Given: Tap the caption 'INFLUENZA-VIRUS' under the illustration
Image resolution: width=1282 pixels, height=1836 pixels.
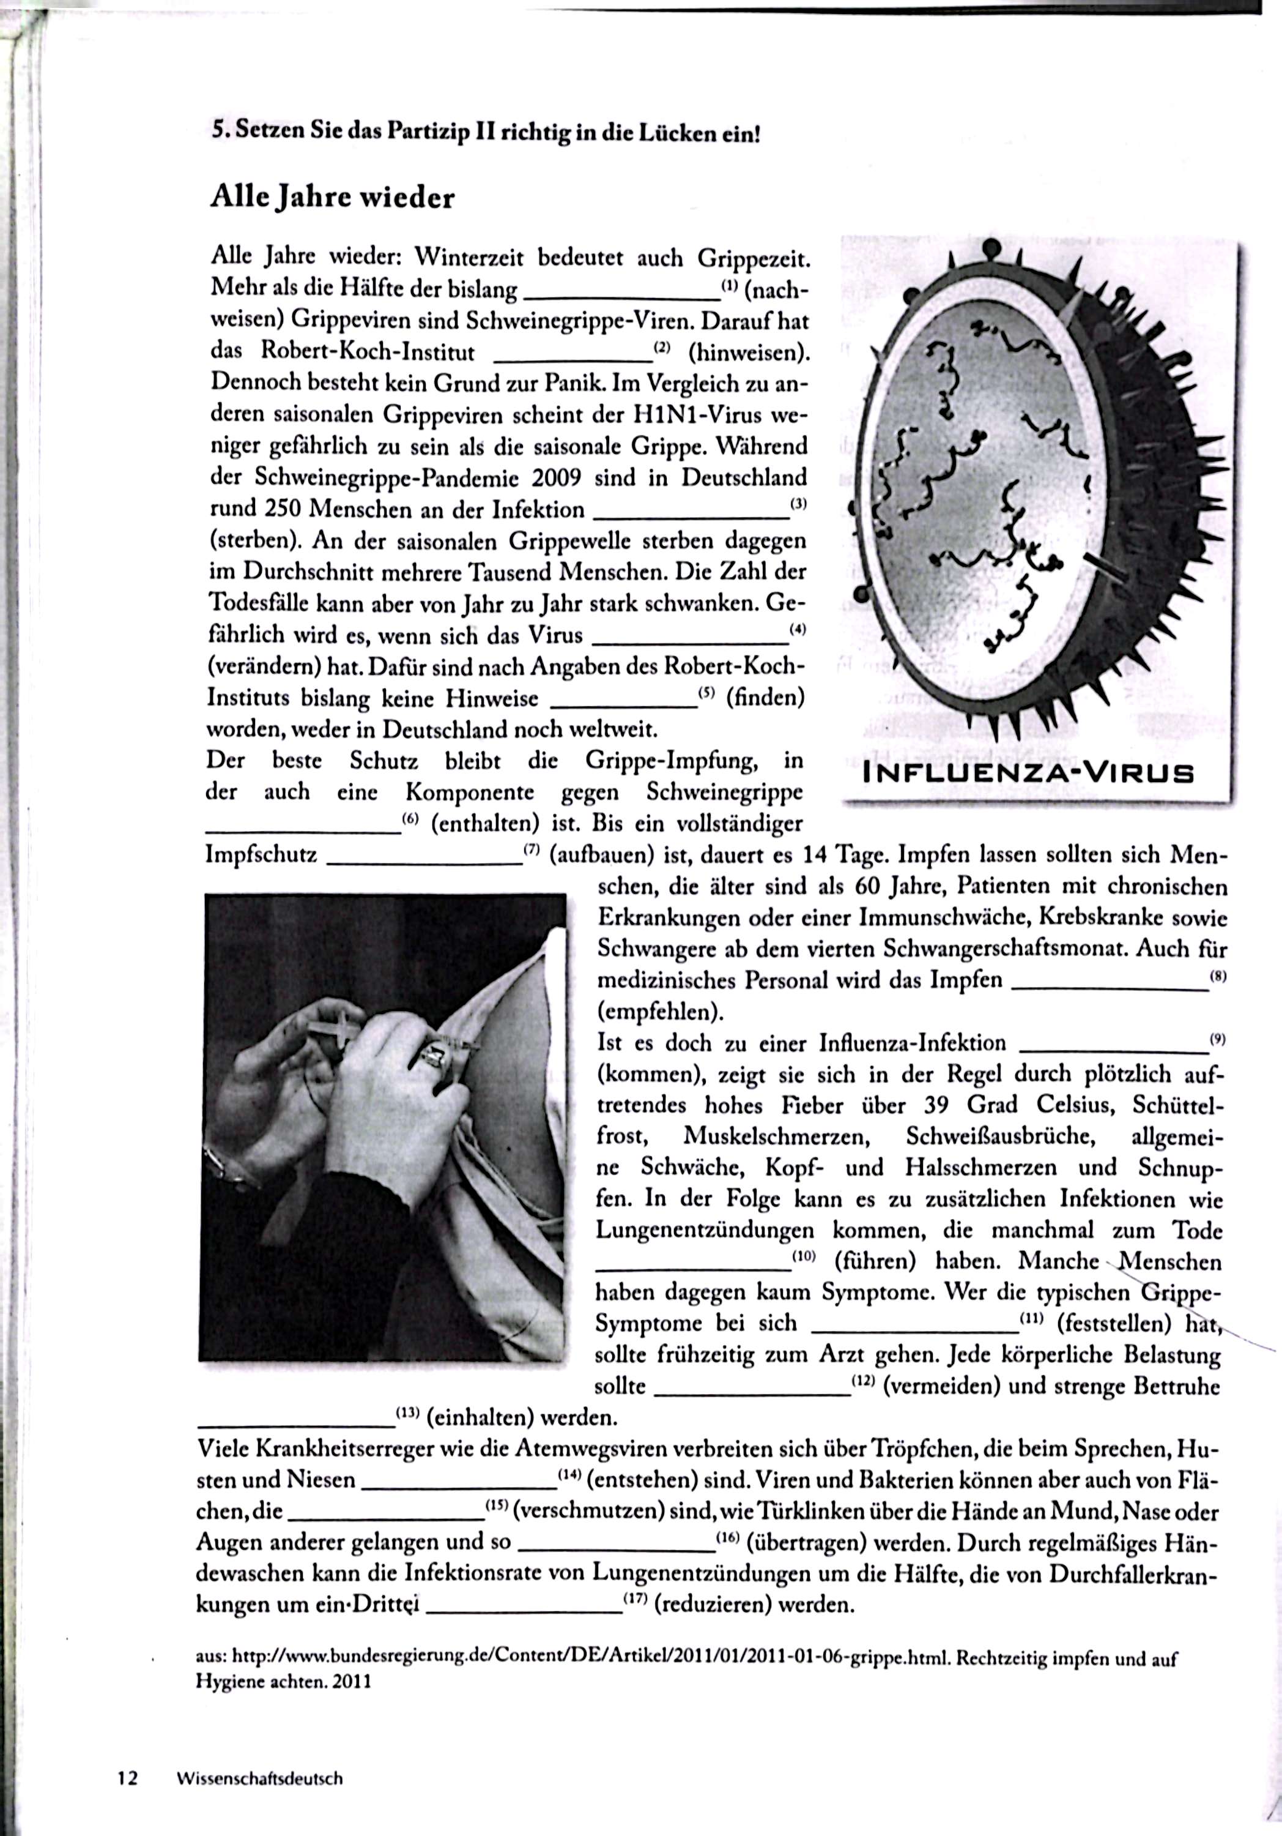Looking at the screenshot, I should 1029,774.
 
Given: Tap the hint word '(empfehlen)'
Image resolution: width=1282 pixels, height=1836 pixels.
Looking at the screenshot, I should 660,1012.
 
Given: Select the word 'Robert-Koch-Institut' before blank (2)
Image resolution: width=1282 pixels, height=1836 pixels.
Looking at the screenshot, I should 368,352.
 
